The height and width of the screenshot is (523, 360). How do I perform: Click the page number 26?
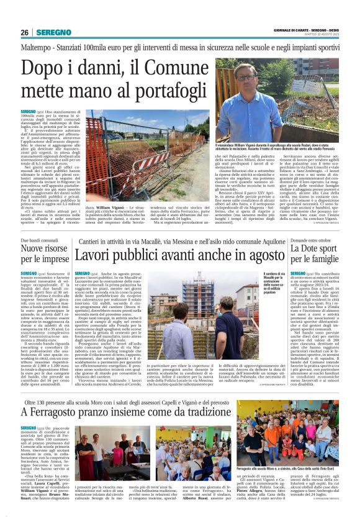coord(25,32)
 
